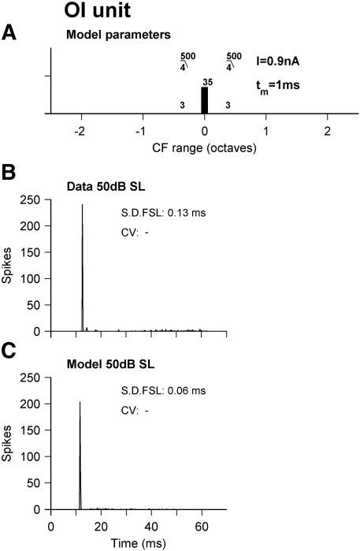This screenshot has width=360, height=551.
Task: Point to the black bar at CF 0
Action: point(205,101)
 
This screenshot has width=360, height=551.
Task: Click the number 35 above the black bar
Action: point(208,81)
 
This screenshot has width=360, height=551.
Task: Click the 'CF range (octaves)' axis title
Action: point(203,147)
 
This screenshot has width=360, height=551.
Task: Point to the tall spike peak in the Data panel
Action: point(82,207)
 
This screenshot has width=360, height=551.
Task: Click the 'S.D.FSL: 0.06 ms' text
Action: point(157,389)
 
